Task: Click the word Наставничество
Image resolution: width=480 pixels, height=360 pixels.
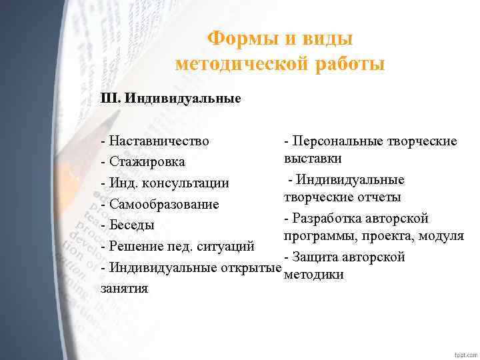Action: pyautogui.click(x=158, y=141)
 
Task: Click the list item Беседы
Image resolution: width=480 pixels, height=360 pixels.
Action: pyautogui.click(x=131, y=225)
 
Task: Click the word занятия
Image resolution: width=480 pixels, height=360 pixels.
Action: pyautogui.click(x=124, y=289)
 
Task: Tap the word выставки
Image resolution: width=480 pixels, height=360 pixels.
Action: pyautogui.click(x=313, y=159)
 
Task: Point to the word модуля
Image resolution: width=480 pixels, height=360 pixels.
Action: pyautogui.click(x=441, y=236)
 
